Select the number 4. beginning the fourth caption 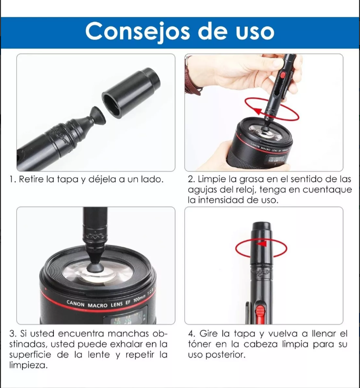[x=192, y=334]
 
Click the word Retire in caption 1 [x=31, y=179]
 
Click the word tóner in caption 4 [x=200, y=345]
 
